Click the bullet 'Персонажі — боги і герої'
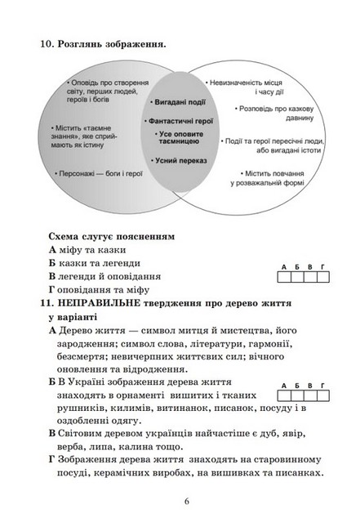pos(100,173)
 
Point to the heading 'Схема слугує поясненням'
pos(111,236)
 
